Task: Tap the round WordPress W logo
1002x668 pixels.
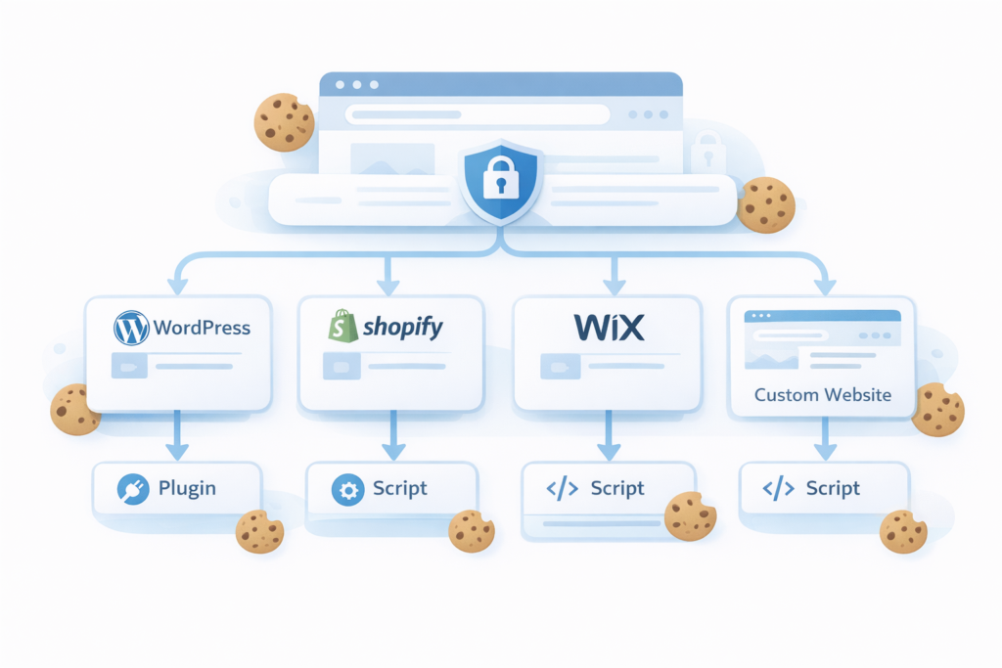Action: pos(131,327)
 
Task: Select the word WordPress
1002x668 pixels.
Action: pos(202,328)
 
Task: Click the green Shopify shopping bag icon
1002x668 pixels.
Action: pos(342,326)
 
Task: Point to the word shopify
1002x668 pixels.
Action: pos(403,328)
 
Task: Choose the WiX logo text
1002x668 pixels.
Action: pos(608,328)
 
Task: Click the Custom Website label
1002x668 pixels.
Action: pos(822,395)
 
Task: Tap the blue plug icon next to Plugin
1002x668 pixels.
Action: pos(131,488)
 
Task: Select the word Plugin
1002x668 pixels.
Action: pos(187,488)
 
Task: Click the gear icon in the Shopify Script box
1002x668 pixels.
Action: pos(346,489)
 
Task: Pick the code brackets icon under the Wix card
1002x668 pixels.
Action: pos(561,489)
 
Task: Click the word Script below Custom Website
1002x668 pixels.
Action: pos(833,489)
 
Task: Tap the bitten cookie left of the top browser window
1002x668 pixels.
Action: pos(284,122)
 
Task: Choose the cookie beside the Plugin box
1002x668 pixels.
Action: pos(259,532)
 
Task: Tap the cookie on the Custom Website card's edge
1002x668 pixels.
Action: pos(937,410)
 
